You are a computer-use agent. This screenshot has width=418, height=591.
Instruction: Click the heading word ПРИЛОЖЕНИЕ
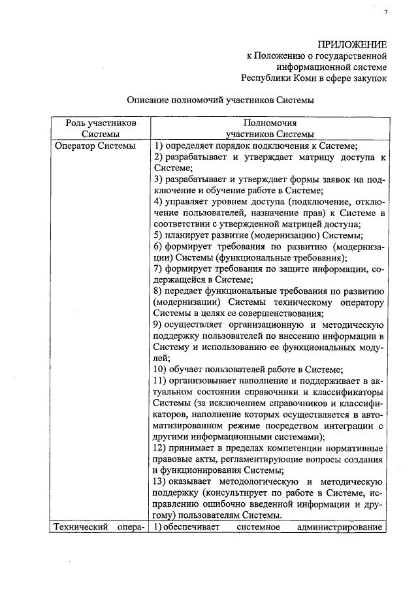(x=352, y=44)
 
